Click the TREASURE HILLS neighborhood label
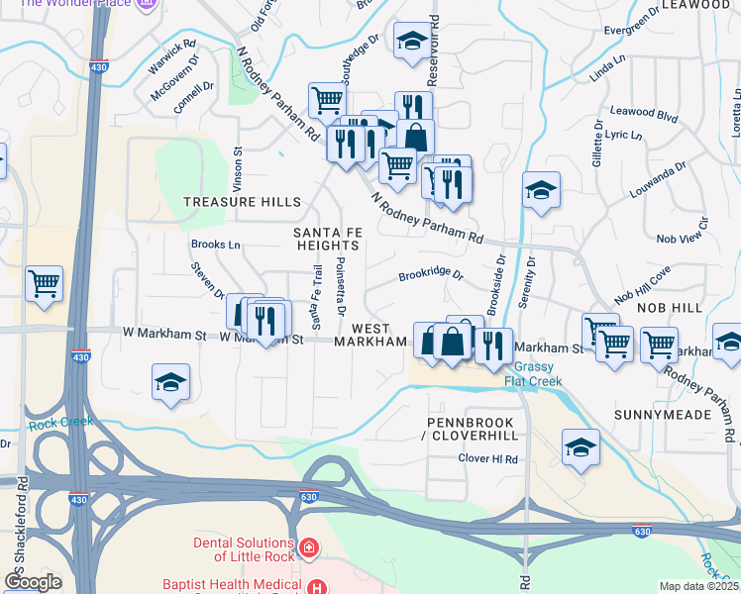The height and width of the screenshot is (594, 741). point(242,202)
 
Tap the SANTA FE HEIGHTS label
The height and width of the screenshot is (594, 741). point(326,239)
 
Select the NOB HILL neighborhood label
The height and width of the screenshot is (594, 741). point(670,308)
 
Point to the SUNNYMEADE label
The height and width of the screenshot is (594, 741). point(663,414)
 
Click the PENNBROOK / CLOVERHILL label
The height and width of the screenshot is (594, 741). point(473,428)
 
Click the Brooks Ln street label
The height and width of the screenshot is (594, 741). point(216,245)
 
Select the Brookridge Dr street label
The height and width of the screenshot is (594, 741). point(431,275)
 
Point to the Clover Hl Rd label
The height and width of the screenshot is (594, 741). point(488,459)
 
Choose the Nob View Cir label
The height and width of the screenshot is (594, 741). point(685,238)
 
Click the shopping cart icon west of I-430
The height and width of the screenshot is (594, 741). point(45,285)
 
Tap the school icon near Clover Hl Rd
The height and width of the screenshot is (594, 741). point(581,447)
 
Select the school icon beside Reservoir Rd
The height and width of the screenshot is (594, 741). point(412,42)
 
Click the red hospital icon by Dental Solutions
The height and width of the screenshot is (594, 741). point(309,546)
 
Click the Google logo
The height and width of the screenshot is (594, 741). point(33,582)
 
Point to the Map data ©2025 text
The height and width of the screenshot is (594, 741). point(698,586)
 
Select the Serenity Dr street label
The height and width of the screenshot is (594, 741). point(532,277)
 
